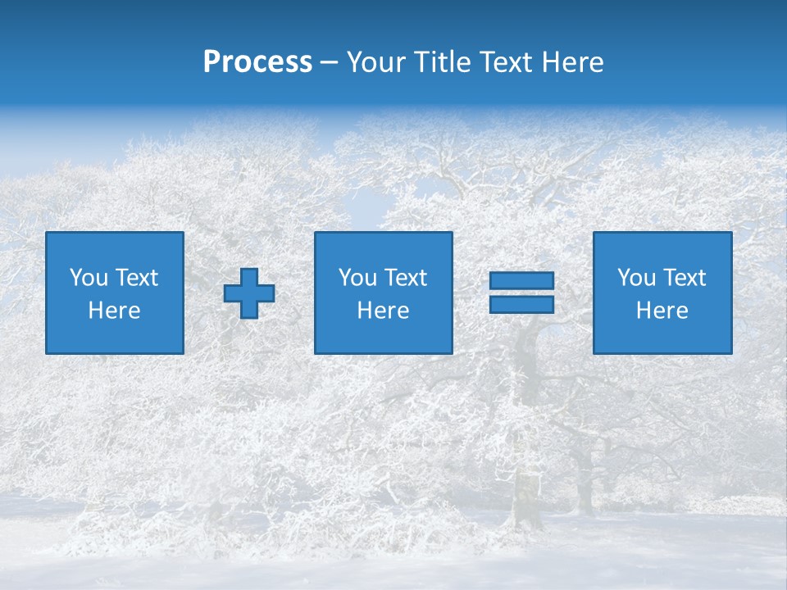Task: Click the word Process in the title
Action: click(257, 62)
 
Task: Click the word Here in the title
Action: click(574, 62)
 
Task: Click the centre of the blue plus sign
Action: click(249, 293)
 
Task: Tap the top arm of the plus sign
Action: click(249, 276)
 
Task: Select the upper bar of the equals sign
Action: click(521, 281)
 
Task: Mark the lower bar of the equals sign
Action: click(521, 304)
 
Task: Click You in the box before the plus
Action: click(89, 278)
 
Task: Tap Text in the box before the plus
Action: click(136, 278)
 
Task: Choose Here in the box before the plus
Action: click(115, 311)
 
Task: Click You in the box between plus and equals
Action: click(357, 278)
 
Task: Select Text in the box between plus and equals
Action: click(405, 278)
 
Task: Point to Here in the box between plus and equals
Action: click(384, 311)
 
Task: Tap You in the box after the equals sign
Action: click(636, 278)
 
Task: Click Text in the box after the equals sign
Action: click(684, 278)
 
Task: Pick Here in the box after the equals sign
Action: click(662, 311)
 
